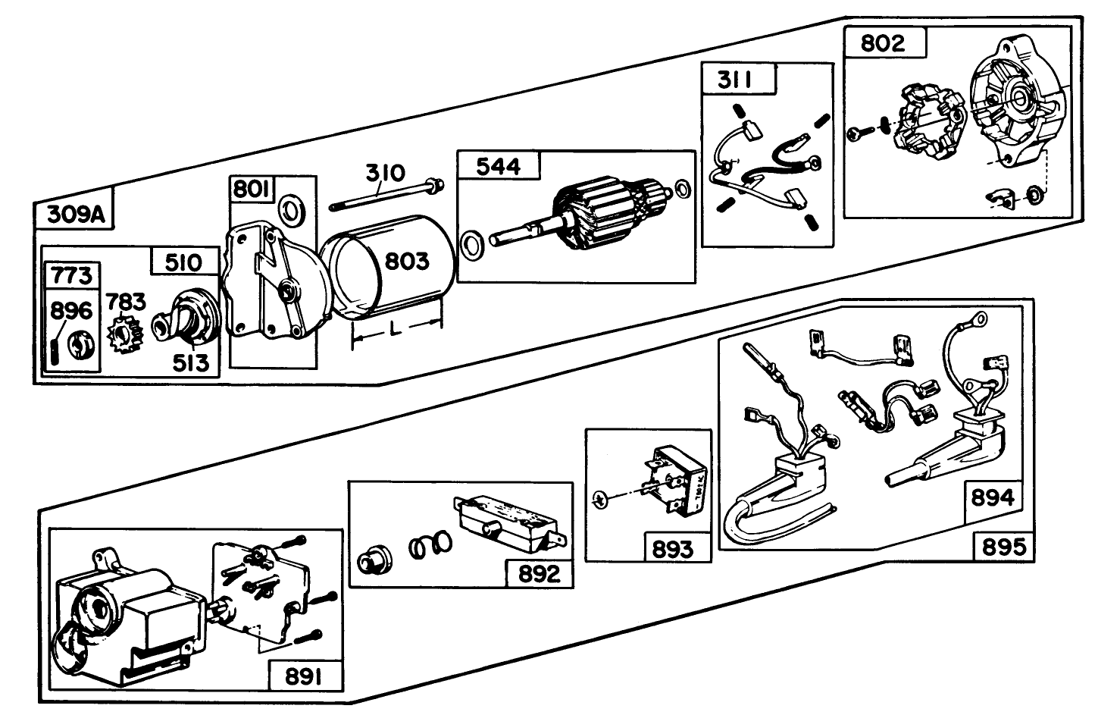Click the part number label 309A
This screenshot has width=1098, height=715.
tap(74, 215)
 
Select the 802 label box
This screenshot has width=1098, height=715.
tap(884, 42)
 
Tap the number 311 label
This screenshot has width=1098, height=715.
tap(738, 80)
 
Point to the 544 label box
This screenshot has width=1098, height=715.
tap(498, 166)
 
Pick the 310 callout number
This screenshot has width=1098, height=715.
tap(386, 173)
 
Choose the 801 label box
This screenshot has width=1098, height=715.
tap(252, 189)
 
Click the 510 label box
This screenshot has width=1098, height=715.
tap(184, 262)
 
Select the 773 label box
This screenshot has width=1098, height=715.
tap(73, 275)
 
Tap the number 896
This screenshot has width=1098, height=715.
tap(70, 310)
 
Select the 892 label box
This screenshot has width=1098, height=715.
tap(539, 573)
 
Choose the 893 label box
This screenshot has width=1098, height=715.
tap(672, 547)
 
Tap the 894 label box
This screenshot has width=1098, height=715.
tap(991, 497)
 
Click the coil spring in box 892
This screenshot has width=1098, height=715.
tap(430, 544)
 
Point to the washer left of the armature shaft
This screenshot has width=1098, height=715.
tap(474, 244)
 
